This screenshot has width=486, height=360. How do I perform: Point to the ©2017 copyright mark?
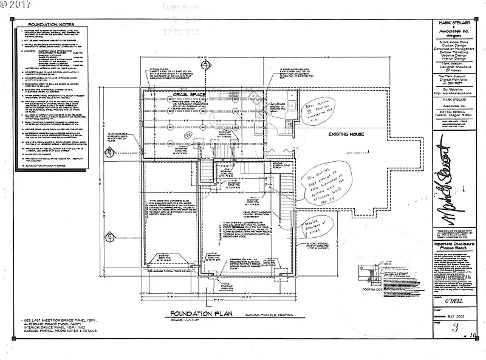16,5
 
